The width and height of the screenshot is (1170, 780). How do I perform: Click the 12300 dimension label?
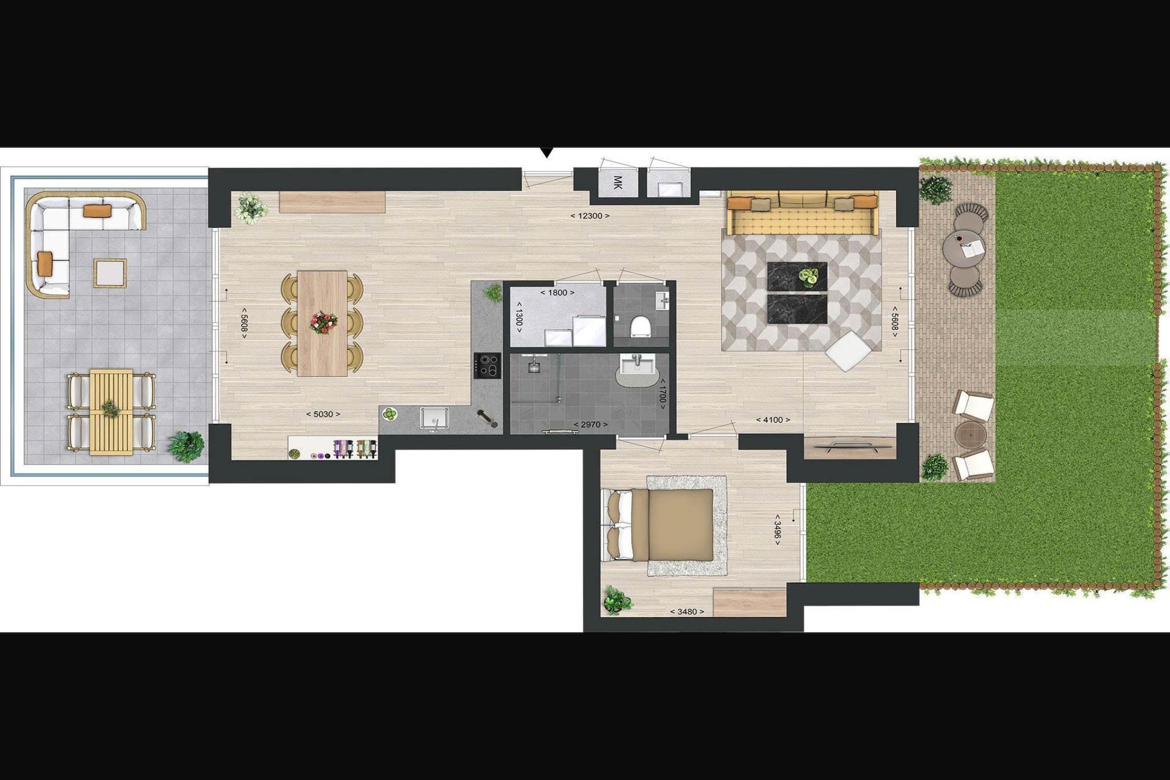point(590,216)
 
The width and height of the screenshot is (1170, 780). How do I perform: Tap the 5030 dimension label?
point(323,414)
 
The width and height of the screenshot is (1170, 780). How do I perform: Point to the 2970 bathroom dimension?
point(590,425)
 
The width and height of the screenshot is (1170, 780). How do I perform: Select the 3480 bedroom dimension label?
point(687,612)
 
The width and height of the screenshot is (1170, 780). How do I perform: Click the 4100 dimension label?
point(773,420)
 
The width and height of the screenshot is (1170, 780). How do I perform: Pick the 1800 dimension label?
point(557,293)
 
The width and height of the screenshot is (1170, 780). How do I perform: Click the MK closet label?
point(617,183)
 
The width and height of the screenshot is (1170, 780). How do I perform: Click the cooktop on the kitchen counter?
point(487,366)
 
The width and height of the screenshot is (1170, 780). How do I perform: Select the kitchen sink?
point(435,418)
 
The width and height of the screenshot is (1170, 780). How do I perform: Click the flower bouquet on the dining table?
point(323,322)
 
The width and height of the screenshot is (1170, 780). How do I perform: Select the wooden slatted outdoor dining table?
point(111,412)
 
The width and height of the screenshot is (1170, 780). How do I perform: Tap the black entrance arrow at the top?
point(547,153)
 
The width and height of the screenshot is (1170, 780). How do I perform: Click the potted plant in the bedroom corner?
point(617,600)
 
